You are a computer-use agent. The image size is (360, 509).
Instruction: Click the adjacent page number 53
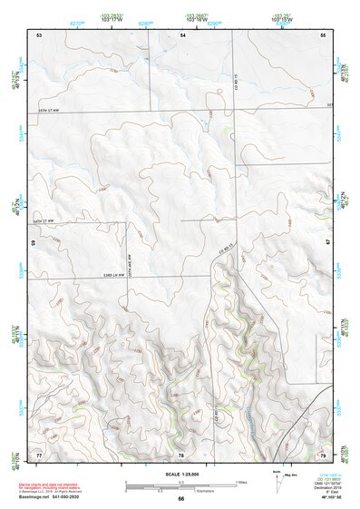click(40, 34)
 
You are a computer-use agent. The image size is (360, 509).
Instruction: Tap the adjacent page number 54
click(182, 34)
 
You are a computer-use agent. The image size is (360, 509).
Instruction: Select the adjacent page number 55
click(322, 34)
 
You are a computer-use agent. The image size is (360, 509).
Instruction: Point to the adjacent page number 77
click(39, 454)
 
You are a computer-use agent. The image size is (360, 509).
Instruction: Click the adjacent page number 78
click(181, 455)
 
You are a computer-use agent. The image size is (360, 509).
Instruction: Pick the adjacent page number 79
click(322, 454)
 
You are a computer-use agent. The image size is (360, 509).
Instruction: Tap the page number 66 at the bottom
click(181, 499)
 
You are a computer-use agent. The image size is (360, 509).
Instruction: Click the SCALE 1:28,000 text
click(181, 473)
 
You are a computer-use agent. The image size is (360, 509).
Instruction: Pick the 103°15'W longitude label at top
click(282, 17)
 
